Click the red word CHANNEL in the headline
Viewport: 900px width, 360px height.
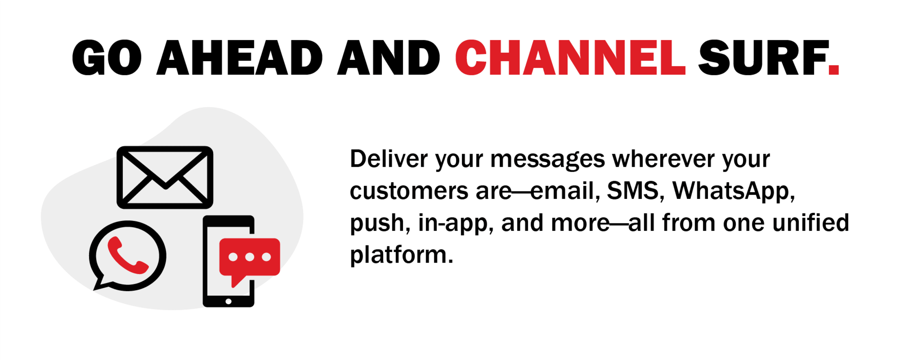tap(570, 57)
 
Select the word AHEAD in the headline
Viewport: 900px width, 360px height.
tap(240, 57)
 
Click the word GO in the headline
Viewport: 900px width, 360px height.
tap(107, 57)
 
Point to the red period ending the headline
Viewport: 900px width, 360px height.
tap(834, 69)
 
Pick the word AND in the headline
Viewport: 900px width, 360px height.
tap(388, 57)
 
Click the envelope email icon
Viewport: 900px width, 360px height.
tap(165, 177)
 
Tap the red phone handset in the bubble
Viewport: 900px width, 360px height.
tap(126, 256)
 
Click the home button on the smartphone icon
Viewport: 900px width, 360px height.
tap(228, 301)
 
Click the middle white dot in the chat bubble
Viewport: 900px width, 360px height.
tap(249, 257)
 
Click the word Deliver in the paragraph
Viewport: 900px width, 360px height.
tap(388, 159)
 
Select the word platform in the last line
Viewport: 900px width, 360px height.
tap(401, 255)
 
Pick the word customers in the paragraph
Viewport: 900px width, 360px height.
tap(409, 191)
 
